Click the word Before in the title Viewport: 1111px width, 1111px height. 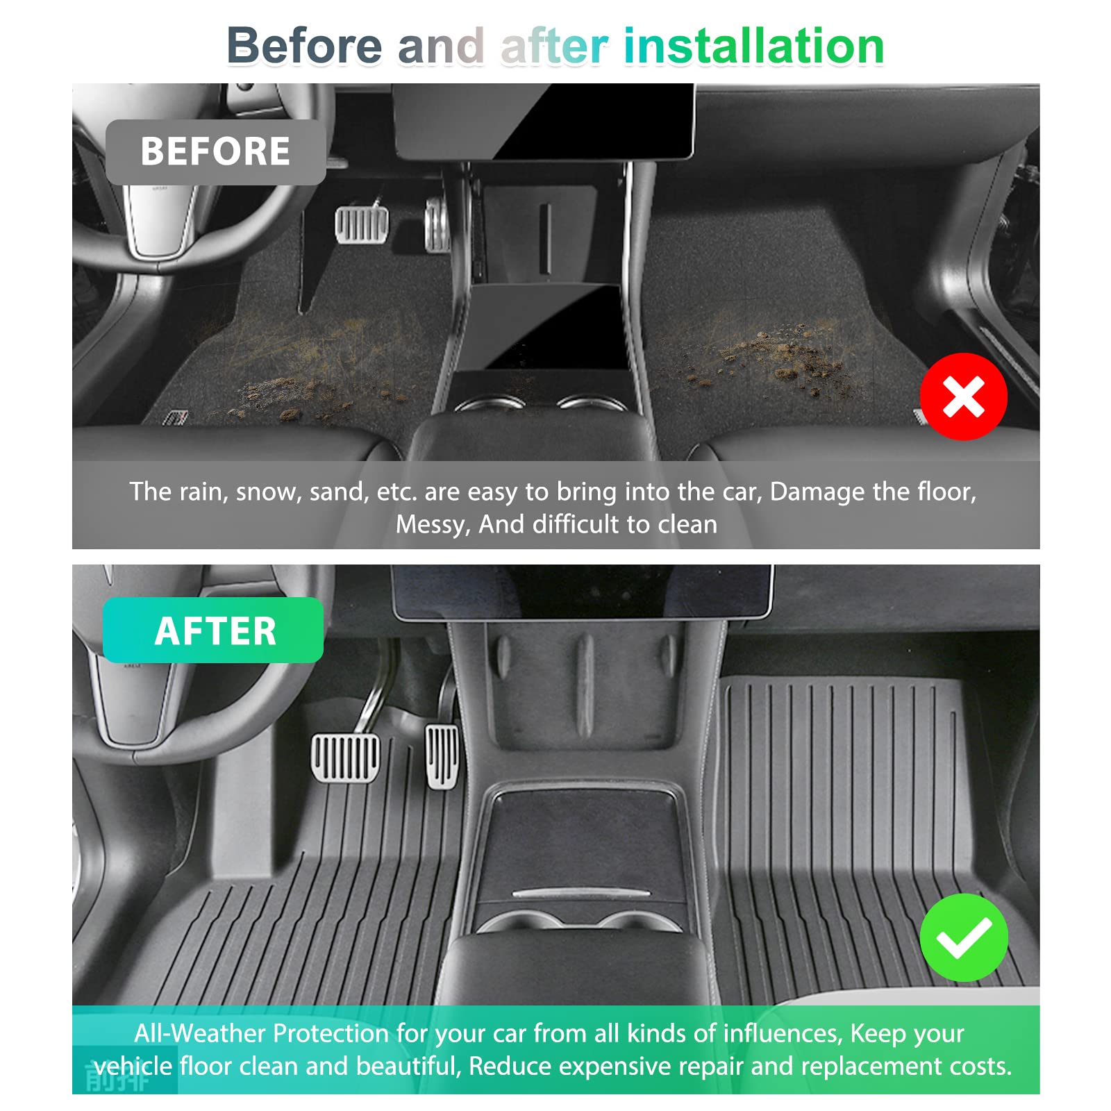(x=304, y=46)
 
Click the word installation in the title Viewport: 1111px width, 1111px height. (x=754, y=46)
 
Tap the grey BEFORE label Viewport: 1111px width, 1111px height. (x=215, y=151)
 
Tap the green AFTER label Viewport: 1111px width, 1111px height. (x=213, y=630)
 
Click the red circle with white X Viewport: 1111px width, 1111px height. (x=963, y=396)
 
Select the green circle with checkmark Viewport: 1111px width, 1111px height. (x=963, y=937)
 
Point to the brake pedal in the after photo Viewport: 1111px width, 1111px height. (x=346, y=757)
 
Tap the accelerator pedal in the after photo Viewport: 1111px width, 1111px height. (x=442, y=756)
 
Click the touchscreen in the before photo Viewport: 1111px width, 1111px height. (x=544, y=121)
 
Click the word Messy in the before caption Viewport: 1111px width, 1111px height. (x=433, y=525)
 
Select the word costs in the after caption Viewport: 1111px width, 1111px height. (x=980, y=1067)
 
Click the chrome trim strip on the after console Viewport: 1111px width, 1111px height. (x=581, y=892)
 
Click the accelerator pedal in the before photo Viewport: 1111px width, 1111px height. (x=437, y=224)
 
